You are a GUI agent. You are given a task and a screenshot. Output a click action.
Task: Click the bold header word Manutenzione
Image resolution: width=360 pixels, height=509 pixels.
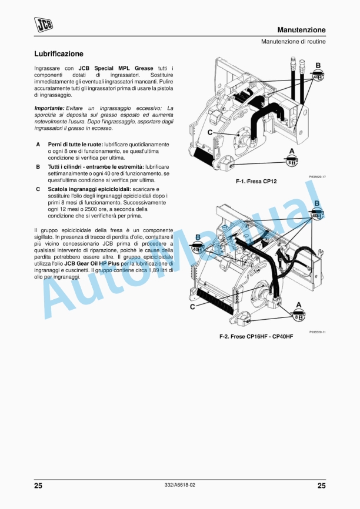[301, 30]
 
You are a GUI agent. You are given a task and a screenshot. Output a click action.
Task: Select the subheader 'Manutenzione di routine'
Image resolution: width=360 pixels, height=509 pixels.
[293, 42]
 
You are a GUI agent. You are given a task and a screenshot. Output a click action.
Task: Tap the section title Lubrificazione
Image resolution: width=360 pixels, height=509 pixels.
[58, 54]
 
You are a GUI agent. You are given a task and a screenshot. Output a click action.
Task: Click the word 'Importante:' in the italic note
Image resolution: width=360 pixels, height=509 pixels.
[49, 108]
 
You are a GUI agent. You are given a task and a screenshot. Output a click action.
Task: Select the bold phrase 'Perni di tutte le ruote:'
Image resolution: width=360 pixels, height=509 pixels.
[75, 144]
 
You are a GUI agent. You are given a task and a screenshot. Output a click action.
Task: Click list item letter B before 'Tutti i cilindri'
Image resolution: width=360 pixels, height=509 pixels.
[38, 167]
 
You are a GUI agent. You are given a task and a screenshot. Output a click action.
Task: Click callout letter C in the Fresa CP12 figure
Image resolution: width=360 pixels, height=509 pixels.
[209, 133]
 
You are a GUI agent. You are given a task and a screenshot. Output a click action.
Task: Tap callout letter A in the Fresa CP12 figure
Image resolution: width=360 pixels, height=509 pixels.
[291, 150]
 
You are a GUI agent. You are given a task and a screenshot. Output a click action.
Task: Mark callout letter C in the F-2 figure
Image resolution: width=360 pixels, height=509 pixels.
[192, 306]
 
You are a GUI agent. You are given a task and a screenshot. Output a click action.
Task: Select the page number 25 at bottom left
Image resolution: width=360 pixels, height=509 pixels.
[38, 485]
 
